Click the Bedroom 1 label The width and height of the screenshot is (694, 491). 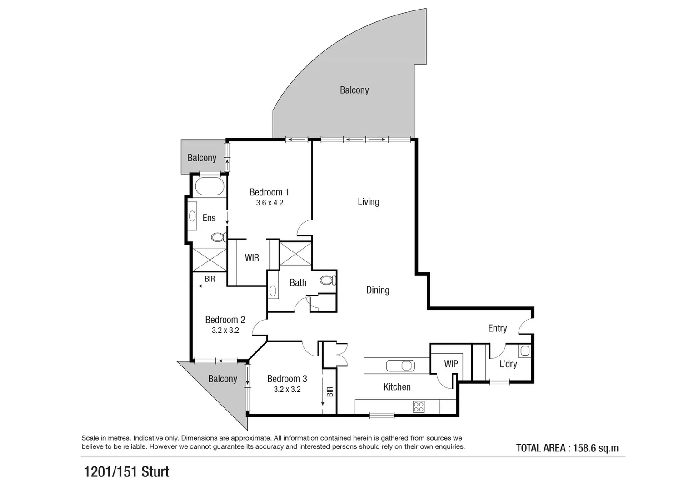(x=269, y=192)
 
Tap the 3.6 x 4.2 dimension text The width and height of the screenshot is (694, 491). (x=270, y=203)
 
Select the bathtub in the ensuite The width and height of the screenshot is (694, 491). (x=209, y=186)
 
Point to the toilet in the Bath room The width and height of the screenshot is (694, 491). (x=328, y=280)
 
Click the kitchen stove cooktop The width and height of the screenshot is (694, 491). (x=419, y=406)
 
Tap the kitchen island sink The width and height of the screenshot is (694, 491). (x=400, y=365)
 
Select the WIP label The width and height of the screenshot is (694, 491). (x=451, y=364)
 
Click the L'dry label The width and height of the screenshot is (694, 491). (x=508, y=364)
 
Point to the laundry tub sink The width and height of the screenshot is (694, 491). (x=524, y=351)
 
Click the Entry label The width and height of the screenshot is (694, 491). (x=497, y=328)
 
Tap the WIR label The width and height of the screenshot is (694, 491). (x=252, y=258)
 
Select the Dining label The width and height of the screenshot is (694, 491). (x=378, y=290)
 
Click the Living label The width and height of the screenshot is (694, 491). (x=368, y=202)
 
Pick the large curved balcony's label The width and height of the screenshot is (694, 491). (x=354, y=90)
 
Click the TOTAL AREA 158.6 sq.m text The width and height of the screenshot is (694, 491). (x=567, y=448)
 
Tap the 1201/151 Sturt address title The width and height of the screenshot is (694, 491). (x=126, y=472)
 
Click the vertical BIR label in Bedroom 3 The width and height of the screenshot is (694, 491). (x=330, y=391)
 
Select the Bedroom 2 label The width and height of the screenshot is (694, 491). (x=225, y=320)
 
